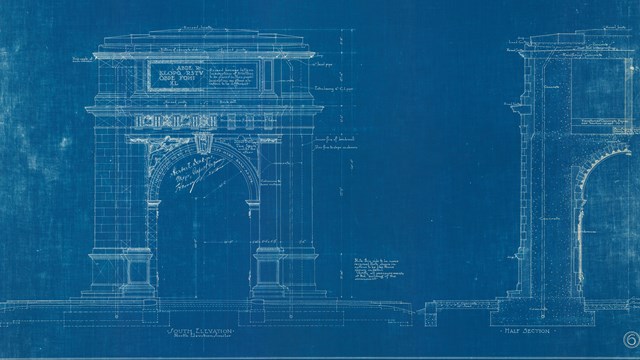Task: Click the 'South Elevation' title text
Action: pyautogui.click(x=198, y=330)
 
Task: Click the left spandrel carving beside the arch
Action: pyautogui.click(x=149, y=150)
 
